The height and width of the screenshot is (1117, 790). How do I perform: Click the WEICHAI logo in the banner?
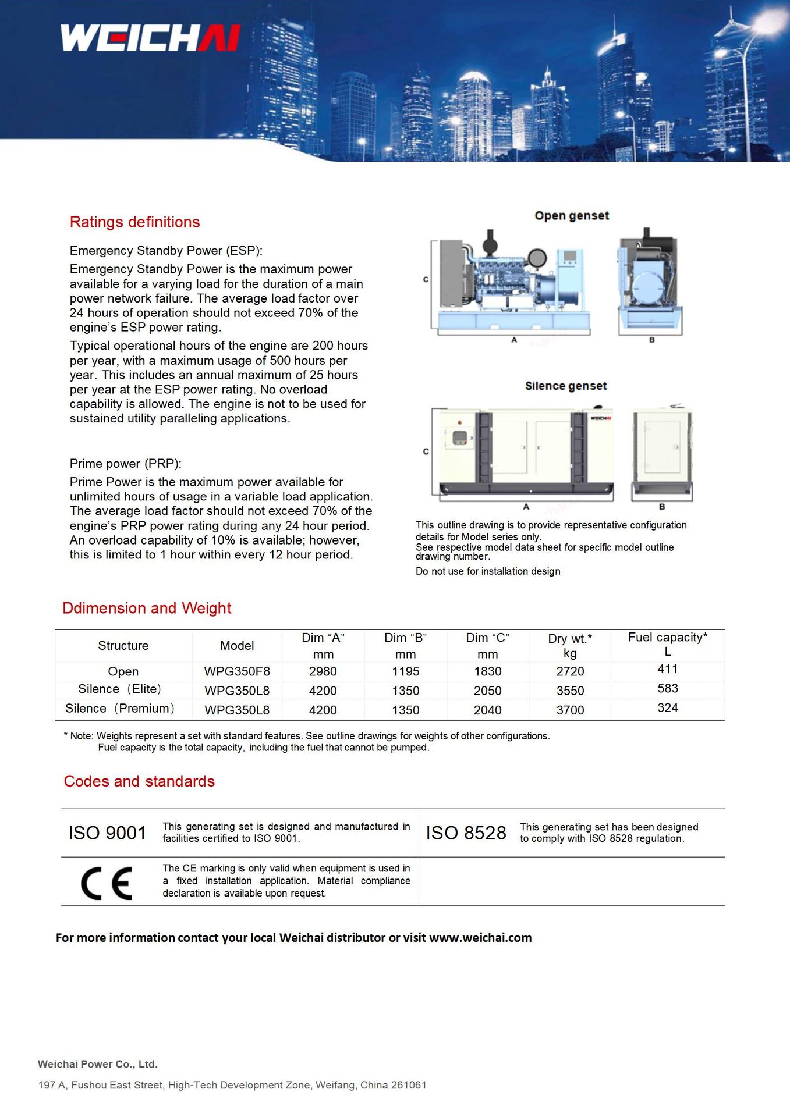coord(150,38)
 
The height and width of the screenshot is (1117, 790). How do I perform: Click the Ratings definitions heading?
coord(134,222)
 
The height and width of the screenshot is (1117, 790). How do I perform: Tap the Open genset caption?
coord(572,216)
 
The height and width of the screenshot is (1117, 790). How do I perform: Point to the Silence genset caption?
coord(566,386)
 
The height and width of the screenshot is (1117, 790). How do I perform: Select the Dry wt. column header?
coord(570,645)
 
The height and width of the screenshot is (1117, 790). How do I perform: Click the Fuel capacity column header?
coord(668,644)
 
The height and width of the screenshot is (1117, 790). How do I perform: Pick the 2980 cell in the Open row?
coord(323,671)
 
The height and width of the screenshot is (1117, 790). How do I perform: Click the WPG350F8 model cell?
coord(237,671)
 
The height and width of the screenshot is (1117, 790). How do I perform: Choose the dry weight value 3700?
coord(570,710)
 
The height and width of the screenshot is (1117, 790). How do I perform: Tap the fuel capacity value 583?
coord(668,688)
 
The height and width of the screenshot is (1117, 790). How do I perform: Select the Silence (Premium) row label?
coord(120,709)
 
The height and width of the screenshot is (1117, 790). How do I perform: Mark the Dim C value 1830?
coord(488,671)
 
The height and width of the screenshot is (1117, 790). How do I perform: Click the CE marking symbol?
coord(107,883)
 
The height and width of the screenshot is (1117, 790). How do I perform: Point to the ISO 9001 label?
coord(107,833)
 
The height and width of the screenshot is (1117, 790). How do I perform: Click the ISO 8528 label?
coord(466,833)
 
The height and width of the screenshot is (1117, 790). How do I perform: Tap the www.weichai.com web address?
coord(480,938)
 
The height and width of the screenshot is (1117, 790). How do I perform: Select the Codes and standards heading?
coord(139,781)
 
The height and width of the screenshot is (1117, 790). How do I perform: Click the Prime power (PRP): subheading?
coord(126,464)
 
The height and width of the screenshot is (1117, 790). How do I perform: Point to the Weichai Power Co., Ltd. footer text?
coord(98,1064)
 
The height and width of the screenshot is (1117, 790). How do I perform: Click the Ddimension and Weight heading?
coord(147,609)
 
